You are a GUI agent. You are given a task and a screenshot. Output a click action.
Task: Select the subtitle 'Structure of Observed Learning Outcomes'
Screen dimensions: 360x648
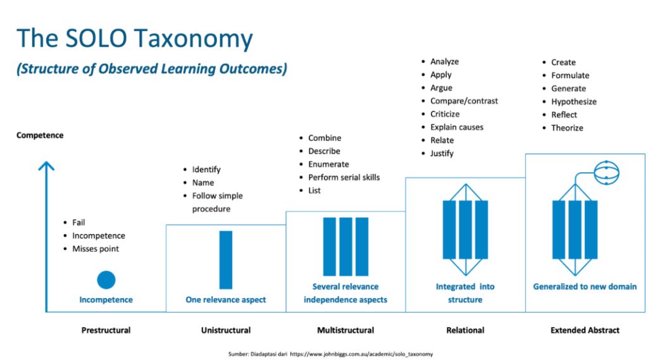pyautogui.click(x=152, y=69)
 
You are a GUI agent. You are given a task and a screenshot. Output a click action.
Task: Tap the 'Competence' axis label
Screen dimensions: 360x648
pyautogui.click(x=40, y=135)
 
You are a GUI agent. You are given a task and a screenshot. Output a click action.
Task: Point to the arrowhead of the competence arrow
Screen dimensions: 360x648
pyautogui.click(x=46, y=166)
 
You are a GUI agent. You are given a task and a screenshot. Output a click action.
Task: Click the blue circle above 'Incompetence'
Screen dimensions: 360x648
pyautogui.click(x=106, y=280)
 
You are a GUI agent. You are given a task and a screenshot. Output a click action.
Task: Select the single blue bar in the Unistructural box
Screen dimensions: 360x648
pyautogui.click(x=225, y=259)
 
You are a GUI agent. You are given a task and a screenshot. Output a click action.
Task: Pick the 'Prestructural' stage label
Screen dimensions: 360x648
pyautogui.click(x=106, y=330)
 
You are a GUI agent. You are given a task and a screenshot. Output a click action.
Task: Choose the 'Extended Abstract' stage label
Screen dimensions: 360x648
pyautogui.click(x=585, y=330)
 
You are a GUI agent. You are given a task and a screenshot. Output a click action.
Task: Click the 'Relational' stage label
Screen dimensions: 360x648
pyautogui.click(x=465, y=330)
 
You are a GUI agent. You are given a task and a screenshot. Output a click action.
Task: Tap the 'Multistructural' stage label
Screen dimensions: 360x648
pyautogui.click(x=346, y=330)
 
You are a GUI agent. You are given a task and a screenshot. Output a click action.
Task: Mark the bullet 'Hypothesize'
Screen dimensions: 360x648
pyautogui.click(x=573, y=101)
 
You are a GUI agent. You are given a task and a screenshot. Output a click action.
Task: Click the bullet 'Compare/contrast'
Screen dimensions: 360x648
pyautogui.click(x=464, y=101)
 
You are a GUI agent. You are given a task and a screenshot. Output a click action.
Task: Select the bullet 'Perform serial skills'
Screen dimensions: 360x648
pyautogui.click(x=344, y=177)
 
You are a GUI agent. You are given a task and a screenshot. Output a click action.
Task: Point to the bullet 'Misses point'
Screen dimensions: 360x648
pyautogui.click(x=95, y=249)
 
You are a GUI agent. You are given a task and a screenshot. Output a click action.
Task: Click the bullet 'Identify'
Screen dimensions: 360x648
pyautogui.click(x=206, y=170)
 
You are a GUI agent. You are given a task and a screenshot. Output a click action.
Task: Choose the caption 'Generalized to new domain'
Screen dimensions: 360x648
pyautogui.click(x=585, y=287)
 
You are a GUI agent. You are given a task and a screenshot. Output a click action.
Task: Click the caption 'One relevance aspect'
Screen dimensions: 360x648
pyautogui.click(x=225, y=300)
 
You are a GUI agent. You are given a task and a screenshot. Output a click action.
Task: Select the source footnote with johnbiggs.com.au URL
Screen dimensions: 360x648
pyautogui.click(x=330, y=354)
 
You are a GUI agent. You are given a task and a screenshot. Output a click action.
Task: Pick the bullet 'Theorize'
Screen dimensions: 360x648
pyautogui.click(x=567, y=128)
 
